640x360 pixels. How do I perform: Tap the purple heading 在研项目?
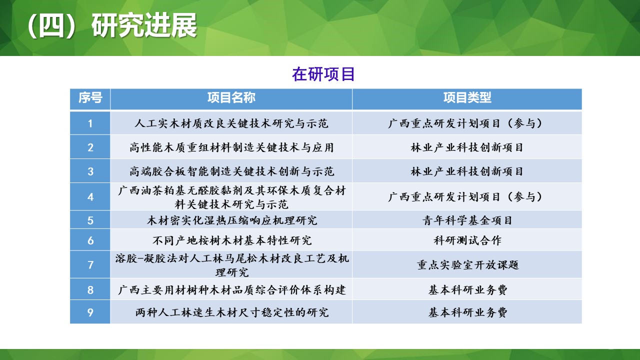coord(323,74)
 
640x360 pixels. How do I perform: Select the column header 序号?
coord(90,98)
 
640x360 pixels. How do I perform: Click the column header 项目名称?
coord(231,98)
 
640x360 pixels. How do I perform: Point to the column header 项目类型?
coord(467,98)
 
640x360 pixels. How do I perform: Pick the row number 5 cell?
coord(90,220)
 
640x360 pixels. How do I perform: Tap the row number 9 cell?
coord(90,312)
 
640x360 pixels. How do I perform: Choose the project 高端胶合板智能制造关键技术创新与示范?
coord(232,171)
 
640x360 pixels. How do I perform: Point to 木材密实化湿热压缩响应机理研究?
coord(232,220)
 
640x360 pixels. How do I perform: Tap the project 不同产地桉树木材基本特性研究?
coord(232,240)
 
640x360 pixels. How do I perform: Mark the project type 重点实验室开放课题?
coord(467,265)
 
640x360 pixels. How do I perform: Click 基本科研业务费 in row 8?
coord(467,290)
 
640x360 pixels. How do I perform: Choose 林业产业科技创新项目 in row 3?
coord(467,171)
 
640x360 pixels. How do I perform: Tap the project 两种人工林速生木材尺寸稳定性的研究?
coord(232,312)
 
